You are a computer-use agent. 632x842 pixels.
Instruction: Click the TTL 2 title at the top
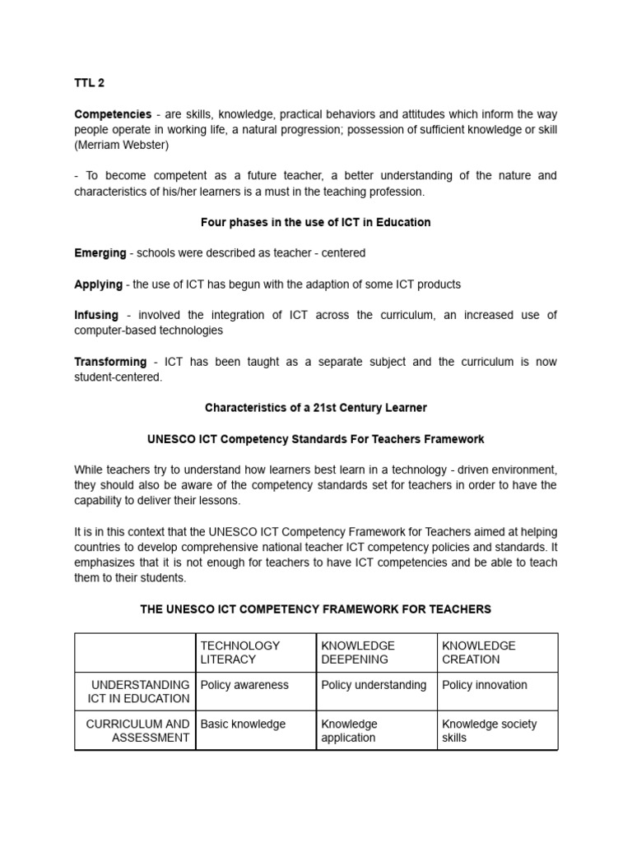(89, 83)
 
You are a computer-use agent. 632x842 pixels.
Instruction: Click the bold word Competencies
(113, 114)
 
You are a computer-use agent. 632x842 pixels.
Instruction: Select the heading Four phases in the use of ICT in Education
(315, 222)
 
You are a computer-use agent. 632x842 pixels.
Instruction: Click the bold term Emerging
(100, 253)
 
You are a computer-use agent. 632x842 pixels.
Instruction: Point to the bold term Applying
(98, 284)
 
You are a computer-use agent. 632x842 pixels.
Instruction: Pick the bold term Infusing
(96, 315)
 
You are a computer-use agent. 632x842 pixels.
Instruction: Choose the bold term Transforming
(110, 362)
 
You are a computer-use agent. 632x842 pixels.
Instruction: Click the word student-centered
(118, 377)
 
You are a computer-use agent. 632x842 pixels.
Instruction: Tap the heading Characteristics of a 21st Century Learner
(315, 408)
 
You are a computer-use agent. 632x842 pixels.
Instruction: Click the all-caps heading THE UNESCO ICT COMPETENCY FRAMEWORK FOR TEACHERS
(315, 609)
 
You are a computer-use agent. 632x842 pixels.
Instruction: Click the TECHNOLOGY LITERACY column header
(239, 652)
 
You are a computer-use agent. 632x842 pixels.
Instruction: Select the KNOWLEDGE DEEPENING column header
(358, 652)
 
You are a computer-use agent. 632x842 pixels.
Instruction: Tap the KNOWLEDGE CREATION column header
(479, 652)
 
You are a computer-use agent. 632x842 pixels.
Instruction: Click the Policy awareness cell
(244, 685)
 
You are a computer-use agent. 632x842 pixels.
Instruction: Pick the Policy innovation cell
(485, 685)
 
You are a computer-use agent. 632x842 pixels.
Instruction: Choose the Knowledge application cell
(349, 730)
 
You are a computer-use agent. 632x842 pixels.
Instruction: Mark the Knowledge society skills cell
(489, 730)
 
